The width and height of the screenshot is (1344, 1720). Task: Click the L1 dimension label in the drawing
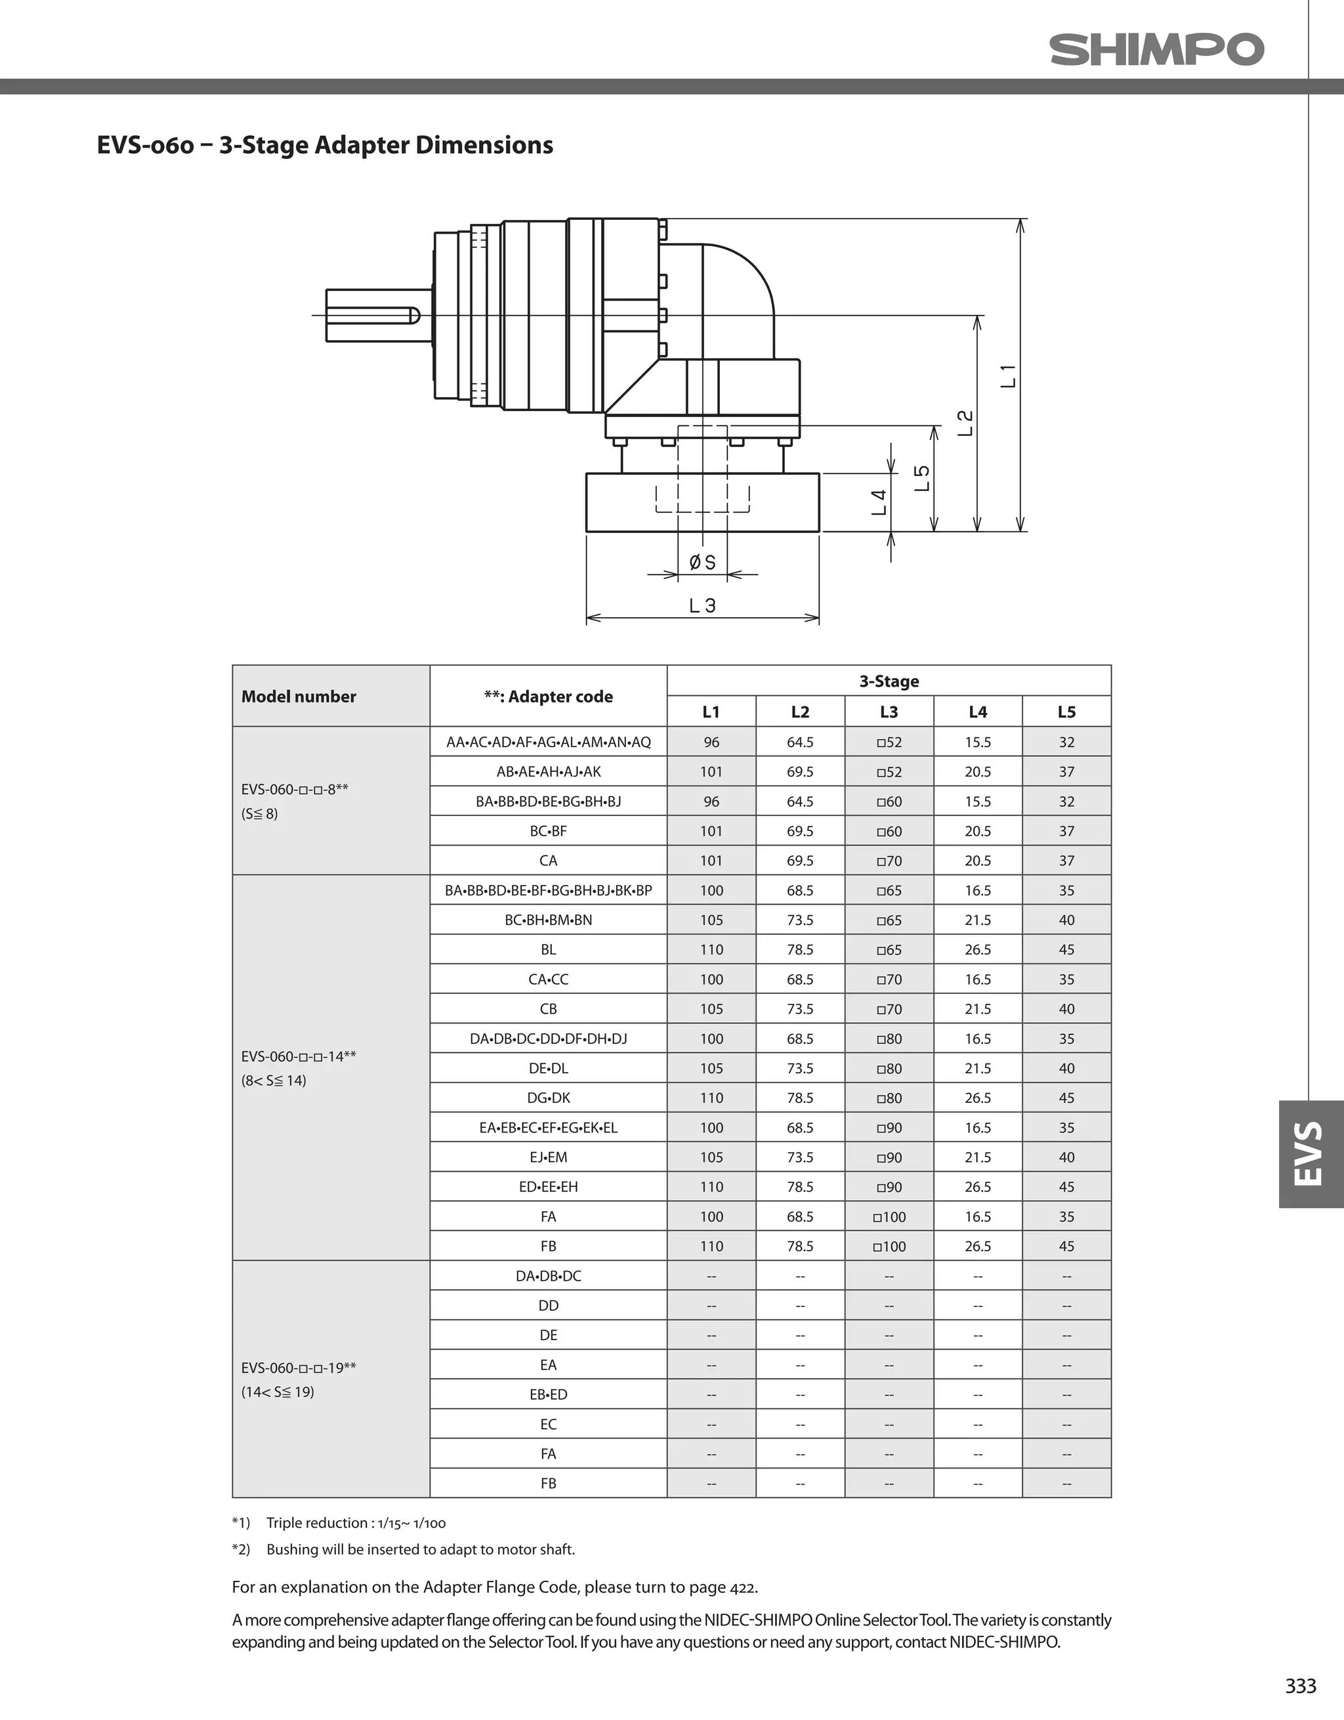point(1009,376)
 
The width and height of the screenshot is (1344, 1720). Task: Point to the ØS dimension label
point(702,563)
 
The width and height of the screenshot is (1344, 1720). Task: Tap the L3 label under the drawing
point(702,606)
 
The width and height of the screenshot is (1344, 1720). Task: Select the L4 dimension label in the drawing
point(879,502)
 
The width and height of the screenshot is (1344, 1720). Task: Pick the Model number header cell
point(299,696)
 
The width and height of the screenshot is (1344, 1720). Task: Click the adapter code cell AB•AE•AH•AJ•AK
point(548,772)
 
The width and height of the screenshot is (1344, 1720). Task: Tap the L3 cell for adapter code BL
point(889,950)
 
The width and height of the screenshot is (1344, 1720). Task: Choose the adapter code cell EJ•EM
point(548,1157)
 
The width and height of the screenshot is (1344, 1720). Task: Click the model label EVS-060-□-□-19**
point(299,1368)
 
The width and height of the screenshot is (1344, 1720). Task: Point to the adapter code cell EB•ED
point(548,1395)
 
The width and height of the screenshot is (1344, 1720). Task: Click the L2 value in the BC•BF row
point(800,831)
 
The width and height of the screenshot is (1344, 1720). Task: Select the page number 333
point(1301,1685)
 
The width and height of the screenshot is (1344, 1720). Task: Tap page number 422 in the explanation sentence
point(742,1587)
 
